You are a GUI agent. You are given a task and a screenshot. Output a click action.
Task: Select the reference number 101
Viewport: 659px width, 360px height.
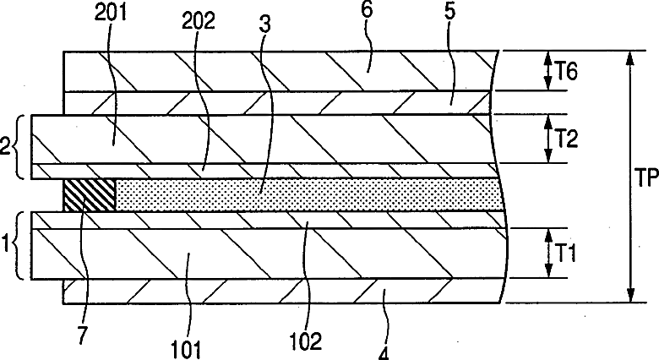tap(187, 345)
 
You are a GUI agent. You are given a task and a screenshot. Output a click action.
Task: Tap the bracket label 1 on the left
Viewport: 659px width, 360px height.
tap(7, 245)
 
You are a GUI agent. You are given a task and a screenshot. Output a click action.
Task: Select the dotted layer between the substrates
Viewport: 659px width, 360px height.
tap(304, 194)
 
